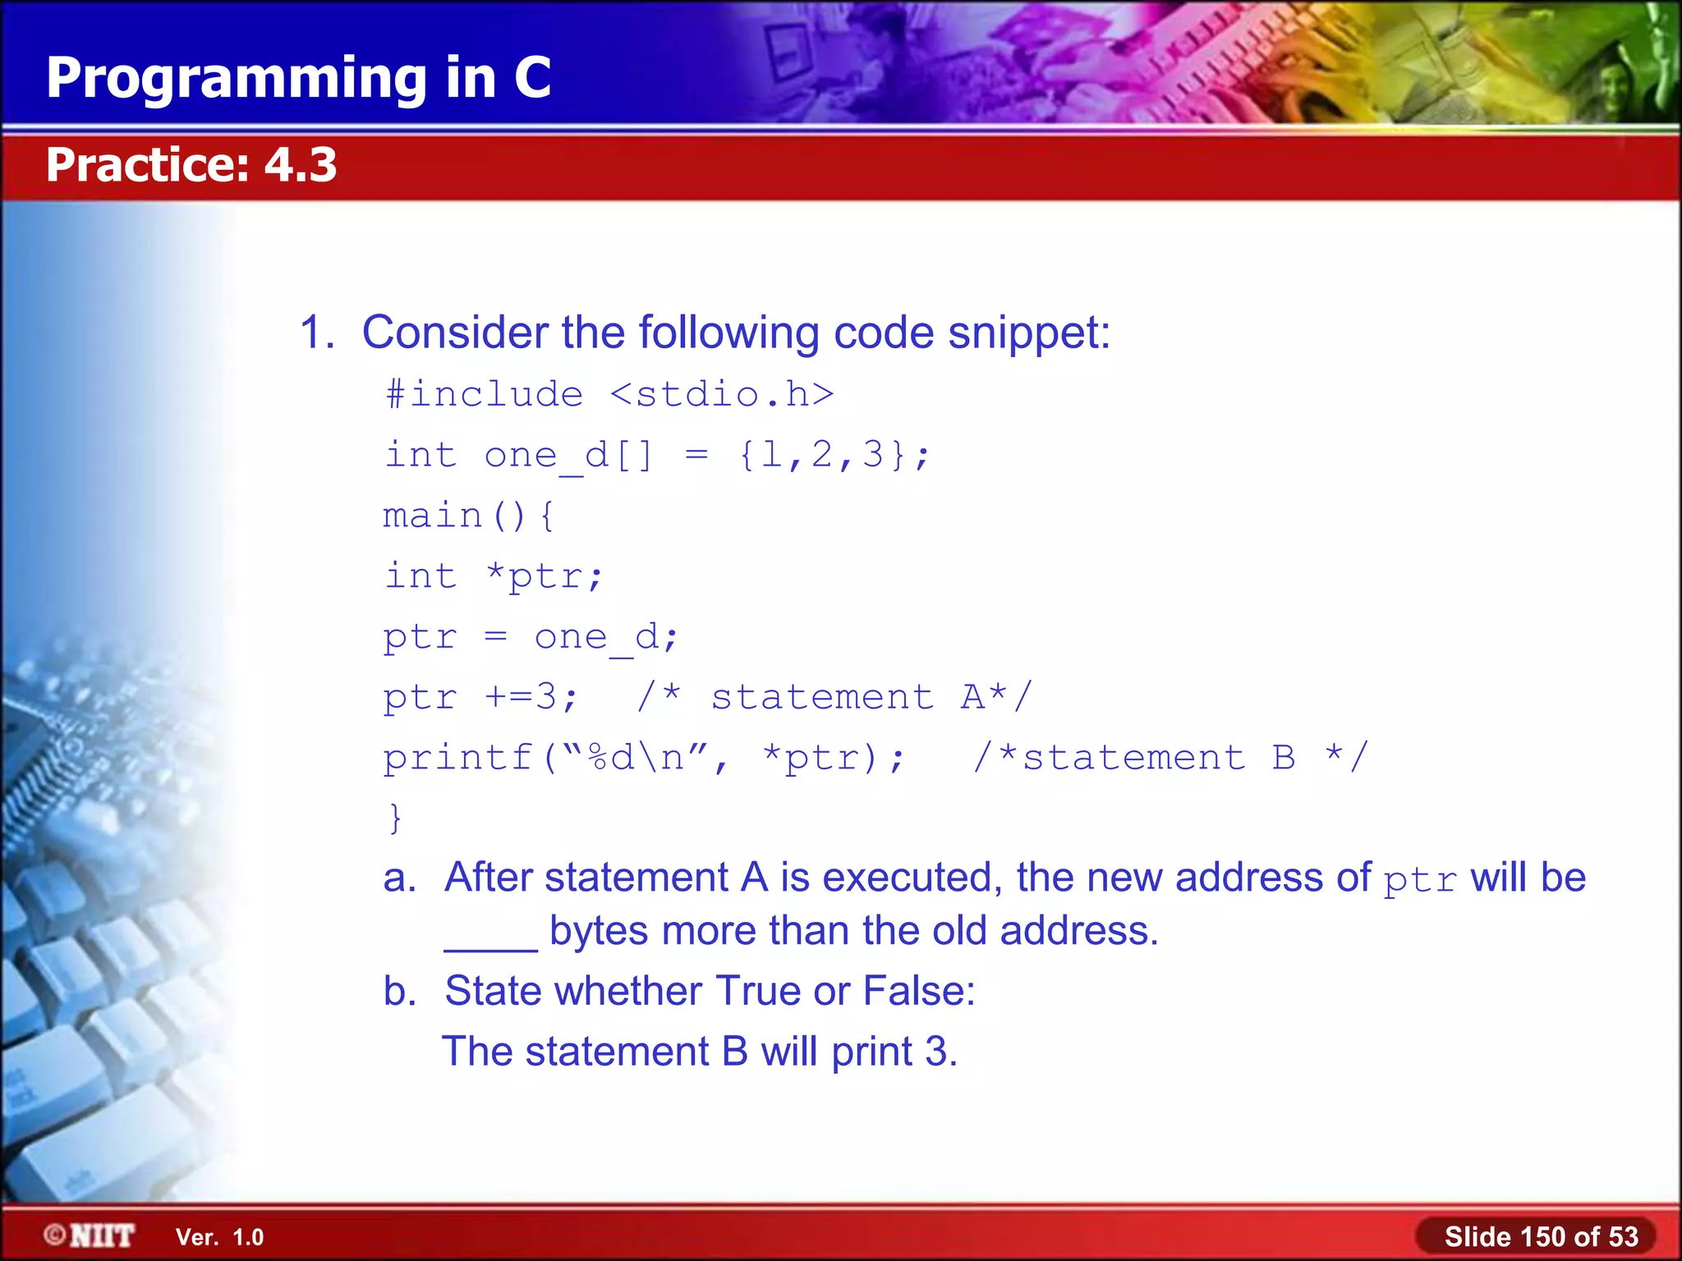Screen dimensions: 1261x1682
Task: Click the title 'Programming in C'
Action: (298, 78)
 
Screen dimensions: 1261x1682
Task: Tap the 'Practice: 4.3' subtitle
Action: (191, 164)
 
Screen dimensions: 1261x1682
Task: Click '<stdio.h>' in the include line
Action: (722, 395)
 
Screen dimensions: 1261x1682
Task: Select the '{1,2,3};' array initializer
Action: (834, 455)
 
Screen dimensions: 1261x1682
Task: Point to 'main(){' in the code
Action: (469, 516)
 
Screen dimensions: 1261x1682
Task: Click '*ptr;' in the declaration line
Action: (545, 576)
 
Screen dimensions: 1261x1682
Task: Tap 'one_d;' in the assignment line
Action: (606, 638)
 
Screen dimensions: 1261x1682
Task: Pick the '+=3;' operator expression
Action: (531, 698)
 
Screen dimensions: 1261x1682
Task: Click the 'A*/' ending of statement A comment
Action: (995, 698)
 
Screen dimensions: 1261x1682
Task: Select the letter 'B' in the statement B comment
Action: (1284, 758)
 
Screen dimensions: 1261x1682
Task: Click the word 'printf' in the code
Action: (458, 758)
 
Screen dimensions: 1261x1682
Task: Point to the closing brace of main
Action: (396, 818)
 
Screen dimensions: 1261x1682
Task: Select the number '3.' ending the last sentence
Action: (941, 1052)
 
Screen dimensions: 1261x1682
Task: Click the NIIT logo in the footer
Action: (90, 1236)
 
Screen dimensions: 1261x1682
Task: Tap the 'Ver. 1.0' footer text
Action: (219, 1237)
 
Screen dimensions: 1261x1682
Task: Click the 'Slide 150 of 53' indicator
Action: (1541, 1236)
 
